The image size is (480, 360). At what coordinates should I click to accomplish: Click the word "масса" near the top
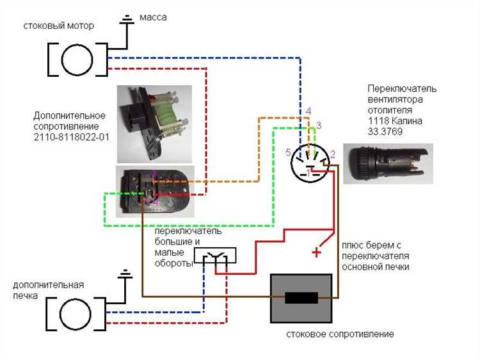point(153,17)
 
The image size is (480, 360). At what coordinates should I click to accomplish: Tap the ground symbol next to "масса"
point(127,19)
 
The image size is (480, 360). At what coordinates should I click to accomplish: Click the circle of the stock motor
point(77,60)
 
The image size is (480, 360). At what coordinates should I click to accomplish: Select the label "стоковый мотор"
point(58,26)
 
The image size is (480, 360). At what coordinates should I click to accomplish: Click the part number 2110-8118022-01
point(71,136)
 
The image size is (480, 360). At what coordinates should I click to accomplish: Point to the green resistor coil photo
point(155,124)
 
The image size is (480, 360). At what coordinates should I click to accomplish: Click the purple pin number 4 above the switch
point(308,111)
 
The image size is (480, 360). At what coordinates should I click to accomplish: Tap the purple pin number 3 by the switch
point(319,126)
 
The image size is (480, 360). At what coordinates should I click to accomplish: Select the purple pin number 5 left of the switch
point(288,152)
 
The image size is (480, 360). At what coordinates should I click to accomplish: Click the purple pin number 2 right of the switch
point(333,154)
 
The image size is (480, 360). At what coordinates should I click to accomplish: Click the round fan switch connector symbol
point(310,163)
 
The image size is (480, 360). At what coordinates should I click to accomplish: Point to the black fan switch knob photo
point(388,163)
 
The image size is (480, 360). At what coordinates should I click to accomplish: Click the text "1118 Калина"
point(395,120)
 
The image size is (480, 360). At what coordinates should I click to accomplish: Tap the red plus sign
point(317,252)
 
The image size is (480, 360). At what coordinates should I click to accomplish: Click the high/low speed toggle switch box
point(215,256)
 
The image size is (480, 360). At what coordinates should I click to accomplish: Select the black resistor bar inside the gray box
point(301,298)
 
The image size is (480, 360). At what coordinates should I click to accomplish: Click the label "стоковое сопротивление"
point(340,334)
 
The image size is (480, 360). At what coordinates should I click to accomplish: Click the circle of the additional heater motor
point(76,314)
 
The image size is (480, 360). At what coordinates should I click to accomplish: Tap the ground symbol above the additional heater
point(125,274)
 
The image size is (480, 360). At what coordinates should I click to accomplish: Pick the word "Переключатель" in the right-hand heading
point(402,89)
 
